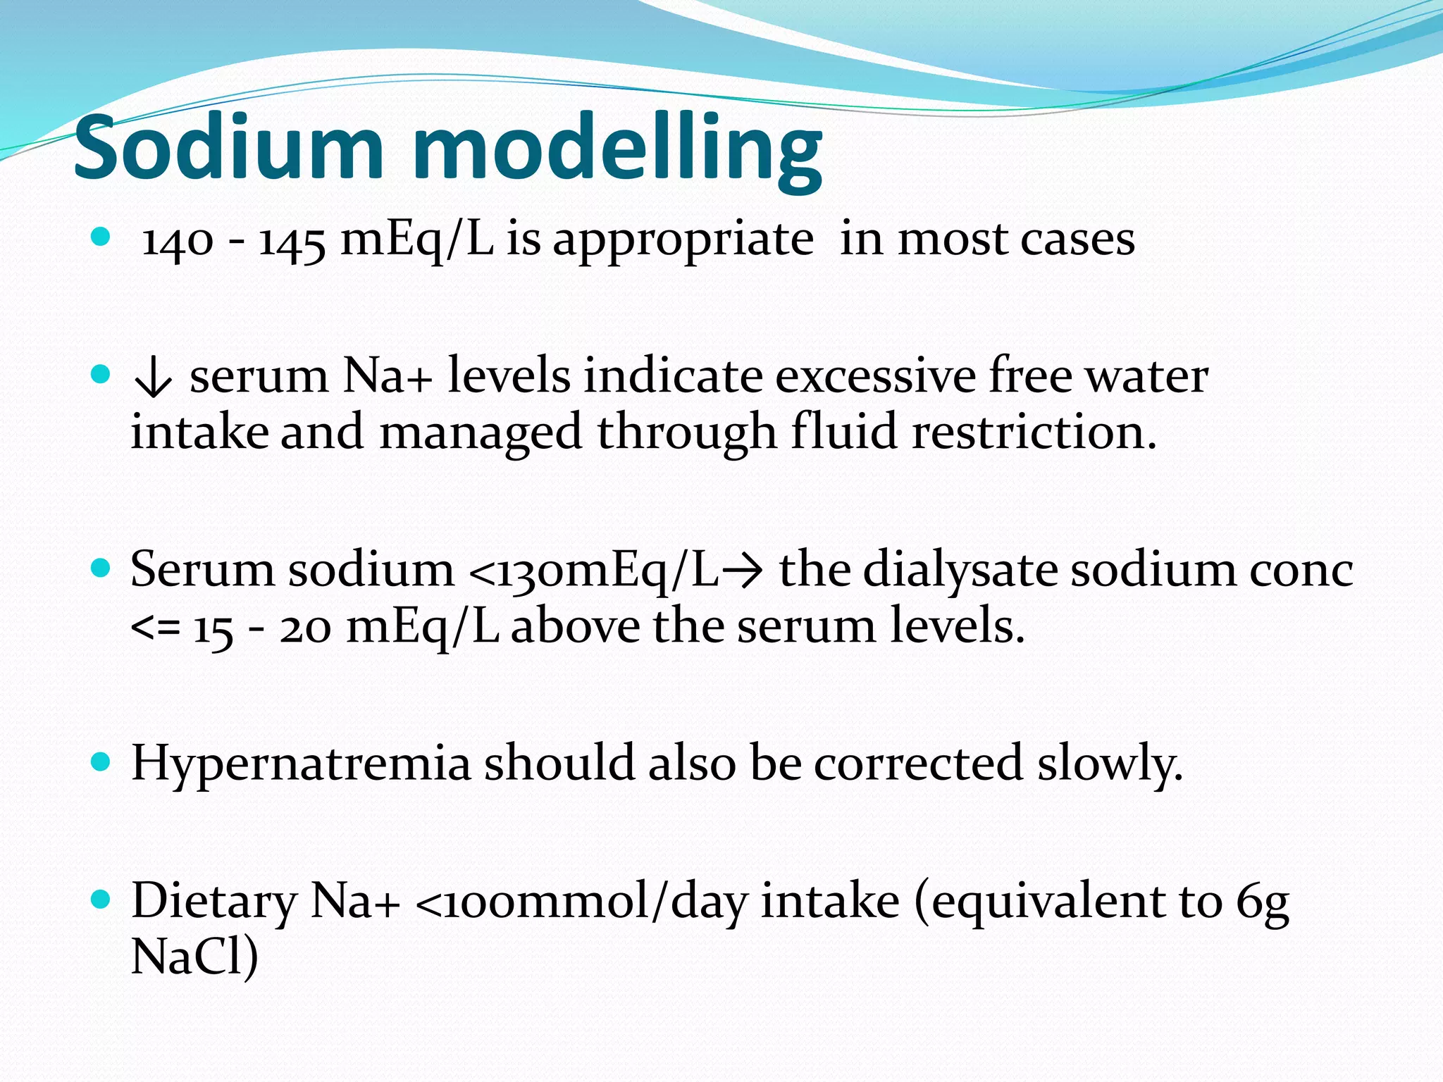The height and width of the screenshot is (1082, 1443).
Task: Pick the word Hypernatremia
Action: coord(301,764)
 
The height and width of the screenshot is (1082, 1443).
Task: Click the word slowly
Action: coord(1109,764)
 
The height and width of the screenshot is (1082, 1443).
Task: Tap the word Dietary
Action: coord(214,902)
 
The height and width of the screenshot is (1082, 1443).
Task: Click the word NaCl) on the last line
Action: coord(194,957)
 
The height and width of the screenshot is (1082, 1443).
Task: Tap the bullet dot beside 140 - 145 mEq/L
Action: coord(101,237)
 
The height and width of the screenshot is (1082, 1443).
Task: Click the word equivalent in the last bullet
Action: coord(1048,902)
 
